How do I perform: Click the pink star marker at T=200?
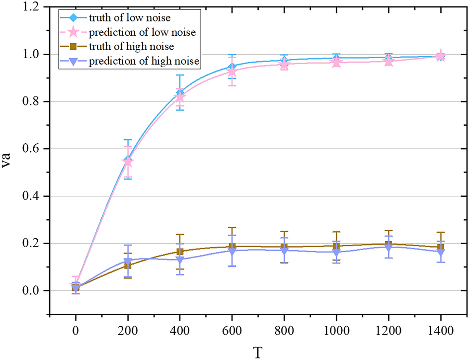pyautogui.click(x=128, y=162)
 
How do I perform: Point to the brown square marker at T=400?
pyautogui.click(x=180, y=252)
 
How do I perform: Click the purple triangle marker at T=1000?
pyautogui.click(x=336, y=253)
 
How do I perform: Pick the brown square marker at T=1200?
pyautogui.click(x=388, y=244)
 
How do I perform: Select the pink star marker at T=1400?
pyautogui.click(x=440, y=56)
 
